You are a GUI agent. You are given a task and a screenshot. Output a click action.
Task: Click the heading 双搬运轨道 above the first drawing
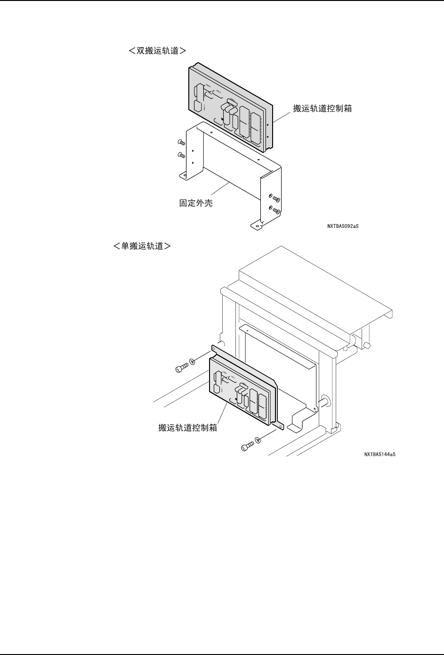[x=157, y=50]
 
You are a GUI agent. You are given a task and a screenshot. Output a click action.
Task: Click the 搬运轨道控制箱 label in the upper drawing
[x=323, y=108]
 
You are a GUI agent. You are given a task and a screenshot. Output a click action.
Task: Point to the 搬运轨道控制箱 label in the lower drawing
[x=187, y=429]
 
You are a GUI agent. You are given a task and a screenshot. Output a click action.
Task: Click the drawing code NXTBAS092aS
[x=343, y=226]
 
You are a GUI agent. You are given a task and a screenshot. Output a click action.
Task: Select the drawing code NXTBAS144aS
[x=379, y=454]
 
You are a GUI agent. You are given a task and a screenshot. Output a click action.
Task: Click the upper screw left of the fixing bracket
[x=180, y=142]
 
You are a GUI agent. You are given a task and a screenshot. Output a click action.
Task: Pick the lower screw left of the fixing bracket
[x=180, y=155]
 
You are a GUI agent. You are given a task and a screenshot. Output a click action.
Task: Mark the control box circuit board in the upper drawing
[x=229, y=107]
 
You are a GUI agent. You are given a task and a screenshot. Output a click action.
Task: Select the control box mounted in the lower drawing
[x=242, y=388]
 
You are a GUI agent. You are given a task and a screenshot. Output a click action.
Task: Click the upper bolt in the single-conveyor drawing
[x=180, y=367]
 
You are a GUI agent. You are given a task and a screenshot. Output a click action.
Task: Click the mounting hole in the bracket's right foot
[x=257, y=225]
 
